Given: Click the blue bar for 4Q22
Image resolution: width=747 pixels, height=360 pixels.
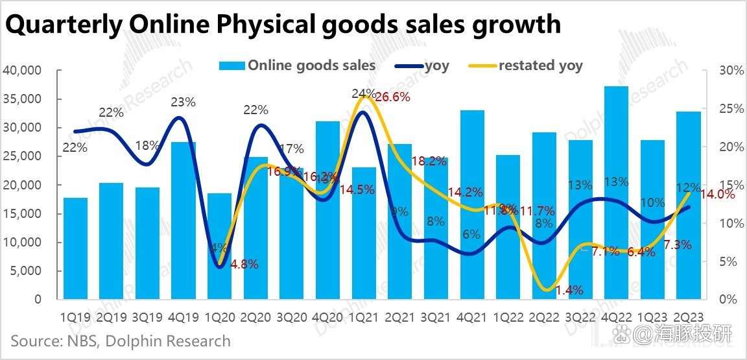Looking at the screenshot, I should (x=616, y=195).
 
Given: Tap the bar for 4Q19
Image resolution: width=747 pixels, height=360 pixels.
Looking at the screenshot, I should (x=184, y=221).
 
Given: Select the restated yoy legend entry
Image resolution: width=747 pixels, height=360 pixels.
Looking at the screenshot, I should (x=540, y=66).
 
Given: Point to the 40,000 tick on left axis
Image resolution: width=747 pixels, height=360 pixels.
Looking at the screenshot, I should (x=23, y=71).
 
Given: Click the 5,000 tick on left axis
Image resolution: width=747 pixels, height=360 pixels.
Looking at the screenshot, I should (x=26, y=270).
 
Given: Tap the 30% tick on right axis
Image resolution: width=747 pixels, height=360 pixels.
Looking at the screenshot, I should (x=730, y=71).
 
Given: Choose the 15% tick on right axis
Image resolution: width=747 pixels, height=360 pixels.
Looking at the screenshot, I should (x=730, y=185).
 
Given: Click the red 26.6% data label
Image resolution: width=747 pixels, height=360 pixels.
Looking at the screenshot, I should (x=393, y=97).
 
